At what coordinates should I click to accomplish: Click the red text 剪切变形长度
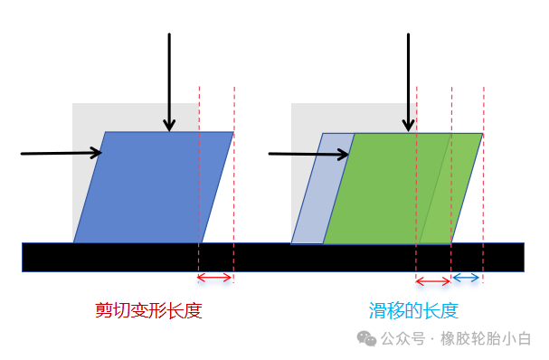coord(148,311)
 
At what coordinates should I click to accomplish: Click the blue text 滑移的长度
coord(413,311)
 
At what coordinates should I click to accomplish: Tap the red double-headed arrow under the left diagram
coord(215,278)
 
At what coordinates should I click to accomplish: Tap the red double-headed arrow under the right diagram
coord(432,278)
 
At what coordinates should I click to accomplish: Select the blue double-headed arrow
coord(467,278)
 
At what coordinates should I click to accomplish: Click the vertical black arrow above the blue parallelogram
coord(168,81)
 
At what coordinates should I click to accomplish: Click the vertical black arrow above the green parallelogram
coord(409,81)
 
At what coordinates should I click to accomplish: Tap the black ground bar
coord(271,257)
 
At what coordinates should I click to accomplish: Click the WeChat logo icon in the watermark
coord(366,339)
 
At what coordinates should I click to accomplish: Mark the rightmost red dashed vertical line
coord(484,181)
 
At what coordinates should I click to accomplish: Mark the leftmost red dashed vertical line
coord(199,181)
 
